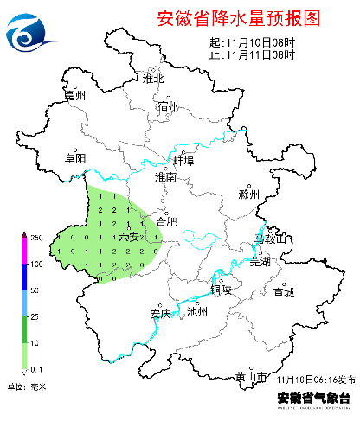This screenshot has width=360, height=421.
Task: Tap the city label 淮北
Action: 153,79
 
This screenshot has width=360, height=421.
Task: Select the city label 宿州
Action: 168,106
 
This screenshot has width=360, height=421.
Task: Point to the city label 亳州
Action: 76,97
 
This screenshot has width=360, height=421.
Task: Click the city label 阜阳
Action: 75,158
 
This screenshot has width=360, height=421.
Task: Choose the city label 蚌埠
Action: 183,161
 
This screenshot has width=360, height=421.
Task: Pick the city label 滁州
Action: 248,195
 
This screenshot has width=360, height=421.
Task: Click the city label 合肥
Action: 165,221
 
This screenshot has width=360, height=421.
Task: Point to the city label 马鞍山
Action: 269,238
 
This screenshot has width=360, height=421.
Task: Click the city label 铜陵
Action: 220,290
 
